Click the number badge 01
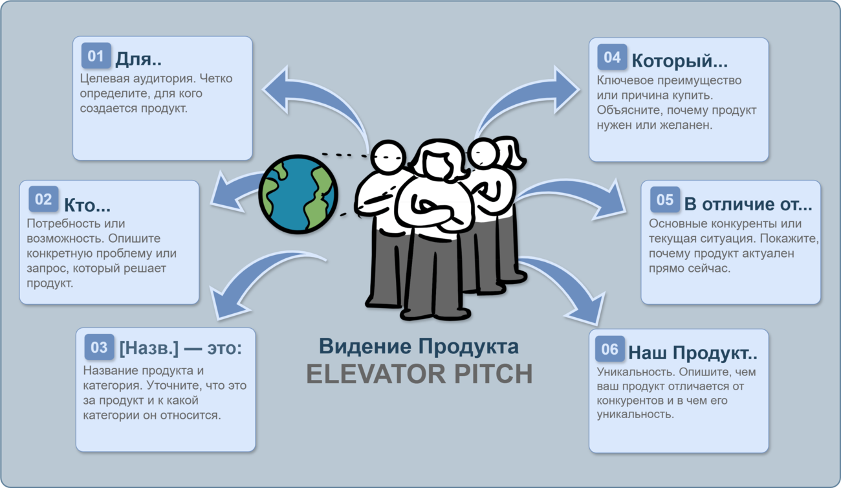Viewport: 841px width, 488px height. coord(96,56)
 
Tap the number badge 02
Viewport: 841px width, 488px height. coord(43,199)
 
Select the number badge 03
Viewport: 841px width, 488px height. coord(99,347)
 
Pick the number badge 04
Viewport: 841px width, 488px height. coord(613,57)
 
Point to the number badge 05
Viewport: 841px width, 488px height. coord(665,199)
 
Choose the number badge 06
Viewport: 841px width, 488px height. coord(610,349)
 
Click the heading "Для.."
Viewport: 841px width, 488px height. coord(138,59)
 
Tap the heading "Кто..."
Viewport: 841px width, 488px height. coord(87,205)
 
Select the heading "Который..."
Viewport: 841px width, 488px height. coord(679,61)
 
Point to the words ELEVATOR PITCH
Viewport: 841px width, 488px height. coord(419,374)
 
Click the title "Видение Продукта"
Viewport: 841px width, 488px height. coord(419,346)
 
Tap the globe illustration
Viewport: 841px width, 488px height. coord(298,194)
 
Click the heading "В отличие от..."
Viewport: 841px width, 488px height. coord(748,205)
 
